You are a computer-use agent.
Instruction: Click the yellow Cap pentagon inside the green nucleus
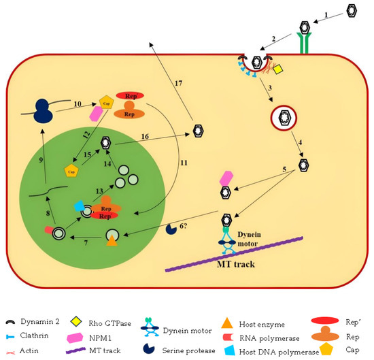[70, 168]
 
